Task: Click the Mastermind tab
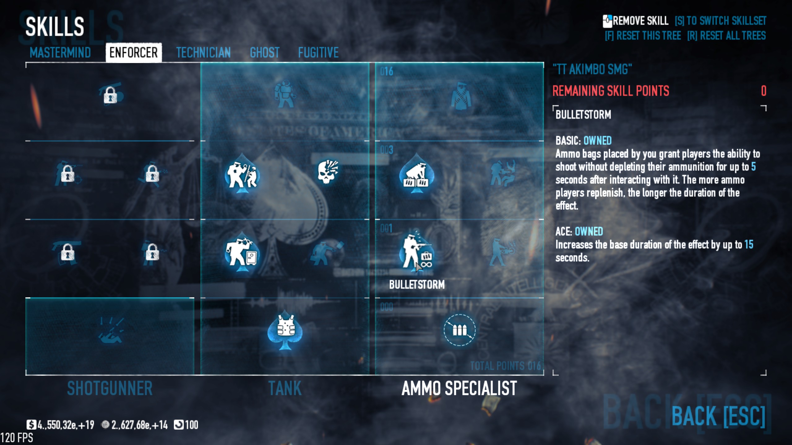point(60,53)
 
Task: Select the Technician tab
point(203,53)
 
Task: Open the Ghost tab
point(265,53)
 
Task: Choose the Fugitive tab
point(318,53)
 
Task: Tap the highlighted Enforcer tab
point(133,53)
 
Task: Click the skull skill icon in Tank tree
point(328,172)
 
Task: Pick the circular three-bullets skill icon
point(459,330)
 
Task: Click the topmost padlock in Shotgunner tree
point(110,95)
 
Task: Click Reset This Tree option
point(643,36)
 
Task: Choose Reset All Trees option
point(726,36)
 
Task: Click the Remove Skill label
point(640,21)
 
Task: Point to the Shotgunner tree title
point(110,388)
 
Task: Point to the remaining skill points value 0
point(763,91)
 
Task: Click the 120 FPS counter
point(17,438)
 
